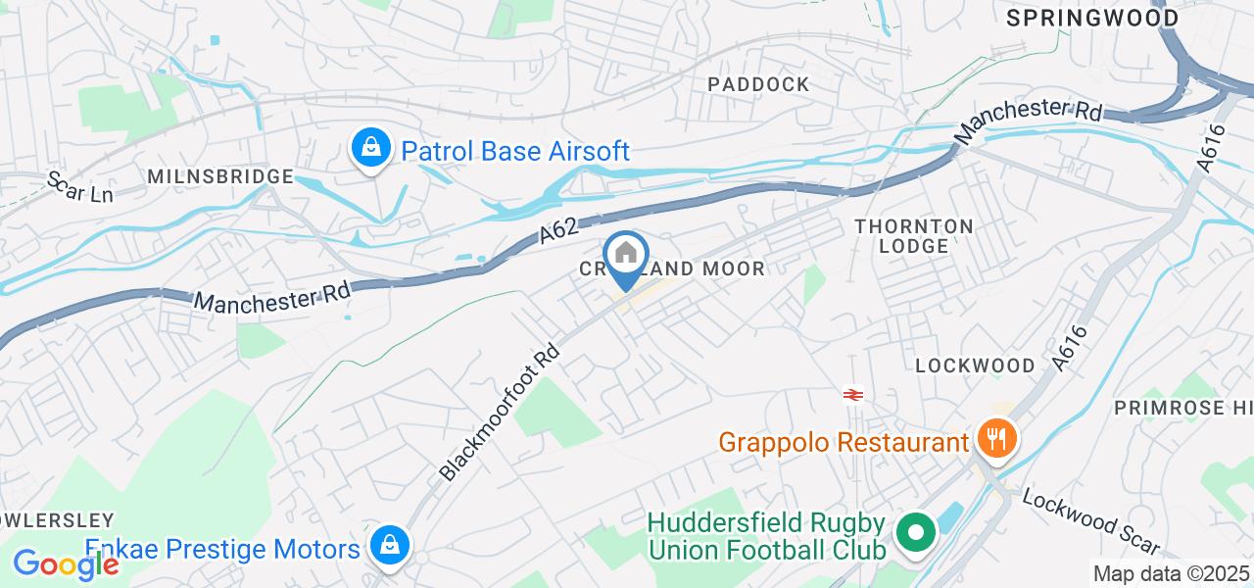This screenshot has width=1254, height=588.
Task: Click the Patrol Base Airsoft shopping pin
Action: (370, 149)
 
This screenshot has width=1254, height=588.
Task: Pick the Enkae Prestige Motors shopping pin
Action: (390, 544)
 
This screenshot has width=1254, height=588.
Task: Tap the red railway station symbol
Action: (852, 395)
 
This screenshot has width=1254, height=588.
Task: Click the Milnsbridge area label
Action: (220, 176)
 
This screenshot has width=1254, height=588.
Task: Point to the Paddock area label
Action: (759, 84)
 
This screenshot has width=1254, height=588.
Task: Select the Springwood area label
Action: (1091, 18)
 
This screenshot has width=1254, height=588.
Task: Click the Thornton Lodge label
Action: (914, 236)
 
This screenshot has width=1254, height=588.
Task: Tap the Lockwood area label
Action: (975, 366)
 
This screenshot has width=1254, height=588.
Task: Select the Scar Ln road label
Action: (80, 187)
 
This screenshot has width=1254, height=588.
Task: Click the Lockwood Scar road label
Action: (1090, 521)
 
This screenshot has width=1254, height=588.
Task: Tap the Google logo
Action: (65, 563)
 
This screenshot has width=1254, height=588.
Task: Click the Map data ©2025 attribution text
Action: (1171, 573)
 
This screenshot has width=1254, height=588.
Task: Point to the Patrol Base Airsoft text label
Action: (515, 151)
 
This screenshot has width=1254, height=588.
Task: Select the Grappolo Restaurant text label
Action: (843, 442)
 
